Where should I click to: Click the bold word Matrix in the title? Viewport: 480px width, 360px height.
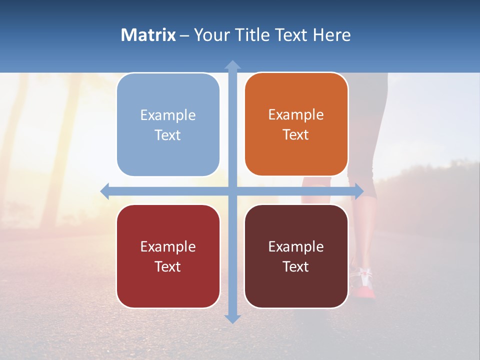pyautogui.click(x=148, y=35)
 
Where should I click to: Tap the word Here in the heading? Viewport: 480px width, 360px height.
pyautogui.click(x=332, y=35)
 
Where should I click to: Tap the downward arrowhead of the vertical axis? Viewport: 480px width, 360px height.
pyautogui.click(x=232, y=318)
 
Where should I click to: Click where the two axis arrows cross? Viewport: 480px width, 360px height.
pyautogui.click(x=232, y=191)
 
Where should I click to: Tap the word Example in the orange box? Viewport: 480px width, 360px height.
pyautogui.click(x=296, y=115)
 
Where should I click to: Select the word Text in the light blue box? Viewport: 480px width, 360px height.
pyautogui.click(x=168, y=135)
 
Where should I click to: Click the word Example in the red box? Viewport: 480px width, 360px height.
pyautogui.click(x=168, y=246)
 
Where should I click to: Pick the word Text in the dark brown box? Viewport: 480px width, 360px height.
pyautogui.click(x=296, y=267)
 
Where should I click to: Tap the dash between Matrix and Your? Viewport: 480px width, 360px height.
pyautogui.click(x=185, y=35)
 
